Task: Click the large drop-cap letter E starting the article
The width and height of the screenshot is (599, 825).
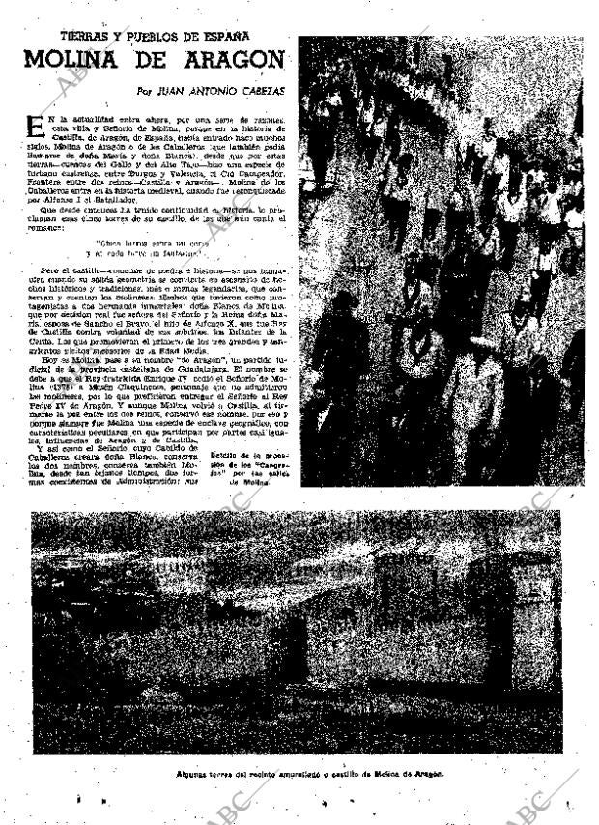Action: click(x=37, y=128)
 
